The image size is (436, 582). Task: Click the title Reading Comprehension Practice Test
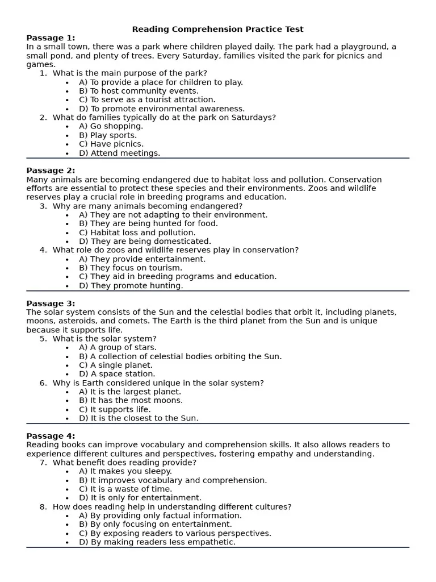(x=217, y=29)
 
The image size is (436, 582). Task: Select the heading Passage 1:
(x=51, y=38)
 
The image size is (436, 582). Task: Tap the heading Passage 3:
(x=51, y=304)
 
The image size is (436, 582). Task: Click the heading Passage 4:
(x=51, y=436)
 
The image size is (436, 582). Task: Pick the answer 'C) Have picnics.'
(x=111, y=144)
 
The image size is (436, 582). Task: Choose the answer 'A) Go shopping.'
(x=111, y=126)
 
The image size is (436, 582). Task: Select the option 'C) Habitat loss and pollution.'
(x=137, y=232)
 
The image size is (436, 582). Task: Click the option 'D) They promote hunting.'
(x=131, y=285)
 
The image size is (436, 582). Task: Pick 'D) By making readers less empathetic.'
(x=157, y=542)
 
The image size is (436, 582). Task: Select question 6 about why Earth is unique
(x=158, y=383)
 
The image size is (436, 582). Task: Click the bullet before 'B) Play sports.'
(x=68, y=136)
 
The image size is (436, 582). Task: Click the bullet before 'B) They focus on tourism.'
(x=68, y=268)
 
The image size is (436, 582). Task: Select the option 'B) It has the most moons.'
(x=131, y=400)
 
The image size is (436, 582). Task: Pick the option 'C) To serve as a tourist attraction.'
(x=147, y=99)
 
